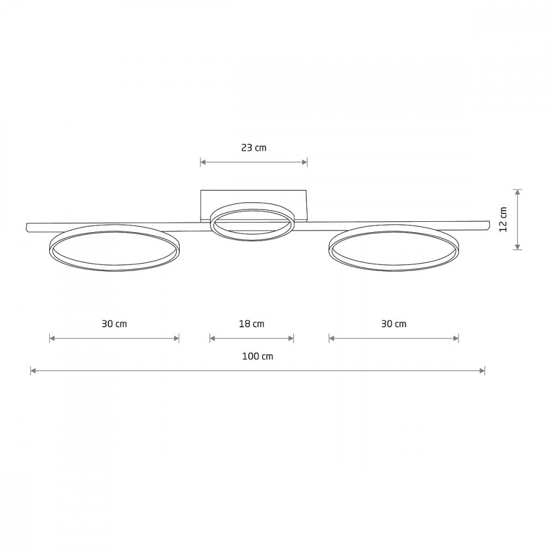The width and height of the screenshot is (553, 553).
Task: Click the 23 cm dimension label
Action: [254, 148]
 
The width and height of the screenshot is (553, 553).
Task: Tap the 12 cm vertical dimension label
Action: [503, 219]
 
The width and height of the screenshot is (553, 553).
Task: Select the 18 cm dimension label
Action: [252, 324]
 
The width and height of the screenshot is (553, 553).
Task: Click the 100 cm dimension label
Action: [258, 356]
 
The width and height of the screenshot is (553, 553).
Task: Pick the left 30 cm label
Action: [114, 324]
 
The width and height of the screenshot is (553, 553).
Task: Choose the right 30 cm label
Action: [394, 324]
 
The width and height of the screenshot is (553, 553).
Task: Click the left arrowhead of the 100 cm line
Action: [33, 371]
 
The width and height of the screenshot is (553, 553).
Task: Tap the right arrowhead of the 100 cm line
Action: [482, 371]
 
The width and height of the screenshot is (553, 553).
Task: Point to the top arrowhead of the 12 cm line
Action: [518, 192]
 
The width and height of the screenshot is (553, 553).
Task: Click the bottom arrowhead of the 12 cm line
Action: [518, 247]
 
